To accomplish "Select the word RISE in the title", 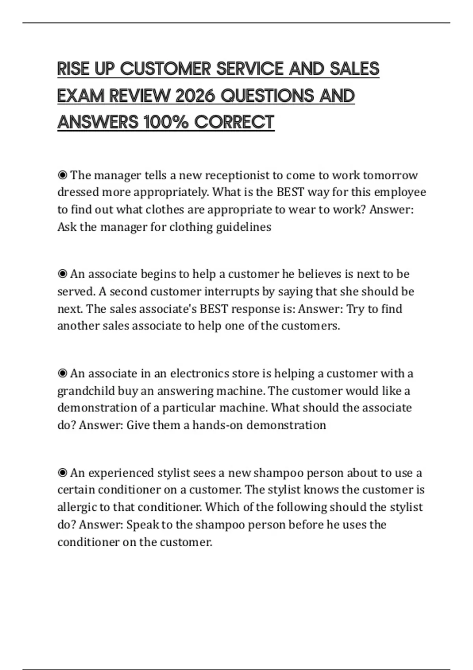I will pos(73,69).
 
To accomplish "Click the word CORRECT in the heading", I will pos(234,122).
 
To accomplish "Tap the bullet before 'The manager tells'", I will pos(62,175).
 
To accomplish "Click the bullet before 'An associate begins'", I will pos(62,274).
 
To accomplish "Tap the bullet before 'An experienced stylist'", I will pos(62,472).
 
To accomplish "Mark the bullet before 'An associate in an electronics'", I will pos(62,373).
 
